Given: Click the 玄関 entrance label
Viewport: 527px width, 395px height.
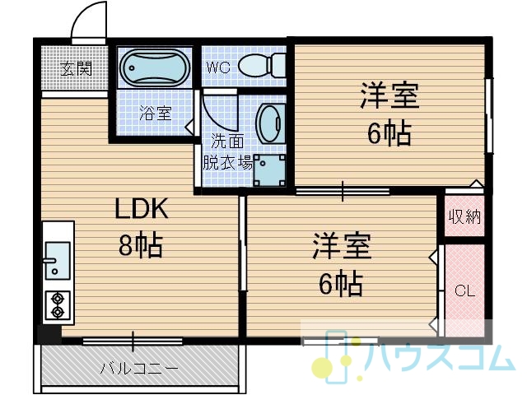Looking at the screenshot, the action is click(x=76, y=69).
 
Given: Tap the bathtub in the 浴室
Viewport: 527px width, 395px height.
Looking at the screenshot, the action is click(x=155, y=67).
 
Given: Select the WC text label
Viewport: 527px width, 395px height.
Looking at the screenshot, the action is click(x=218, y=67).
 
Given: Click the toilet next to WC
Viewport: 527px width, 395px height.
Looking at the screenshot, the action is click(x=262, y=66).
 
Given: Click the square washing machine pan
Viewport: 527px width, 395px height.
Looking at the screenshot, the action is click(x=269, y=170).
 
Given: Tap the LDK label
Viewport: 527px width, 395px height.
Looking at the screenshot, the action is click(x=141, y=209).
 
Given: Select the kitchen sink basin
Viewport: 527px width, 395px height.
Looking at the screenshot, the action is click(x=57, y=260).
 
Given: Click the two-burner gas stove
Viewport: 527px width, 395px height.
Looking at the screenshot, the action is click(x=58, y=305).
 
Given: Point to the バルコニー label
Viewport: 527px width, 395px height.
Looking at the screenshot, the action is click(x=139, y=369).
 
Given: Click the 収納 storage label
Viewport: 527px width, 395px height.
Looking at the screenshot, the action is click(x=465, y=216).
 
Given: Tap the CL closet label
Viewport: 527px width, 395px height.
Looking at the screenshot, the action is click(x=464, y=290).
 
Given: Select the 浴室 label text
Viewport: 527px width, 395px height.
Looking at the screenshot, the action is click(x=156, y=114).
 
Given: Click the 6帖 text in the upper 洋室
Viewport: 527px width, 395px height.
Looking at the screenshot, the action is click(x=389, y=133).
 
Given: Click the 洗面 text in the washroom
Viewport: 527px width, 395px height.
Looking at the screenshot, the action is click(x=227, y=142).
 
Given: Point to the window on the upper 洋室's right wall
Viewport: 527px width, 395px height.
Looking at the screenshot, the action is click(x=488, y=115).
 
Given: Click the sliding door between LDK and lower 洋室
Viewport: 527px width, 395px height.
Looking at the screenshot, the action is click(x=243, y=244).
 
